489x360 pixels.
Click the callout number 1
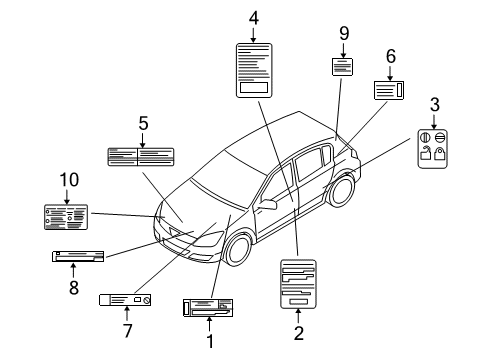[210, 341]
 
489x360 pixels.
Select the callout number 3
[434, 104]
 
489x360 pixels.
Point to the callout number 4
[253, 17]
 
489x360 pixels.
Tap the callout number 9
[344, 34]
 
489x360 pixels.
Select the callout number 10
[69, 180]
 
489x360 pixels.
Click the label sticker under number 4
[253, 69]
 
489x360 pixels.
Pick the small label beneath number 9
[343, 67]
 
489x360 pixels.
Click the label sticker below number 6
[389, 89]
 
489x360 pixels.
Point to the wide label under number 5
[141, 155]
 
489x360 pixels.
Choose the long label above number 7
[125, 299]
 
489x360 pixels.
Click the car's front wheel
[238, 249]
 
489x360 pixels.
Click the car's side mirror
[267, 205]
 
